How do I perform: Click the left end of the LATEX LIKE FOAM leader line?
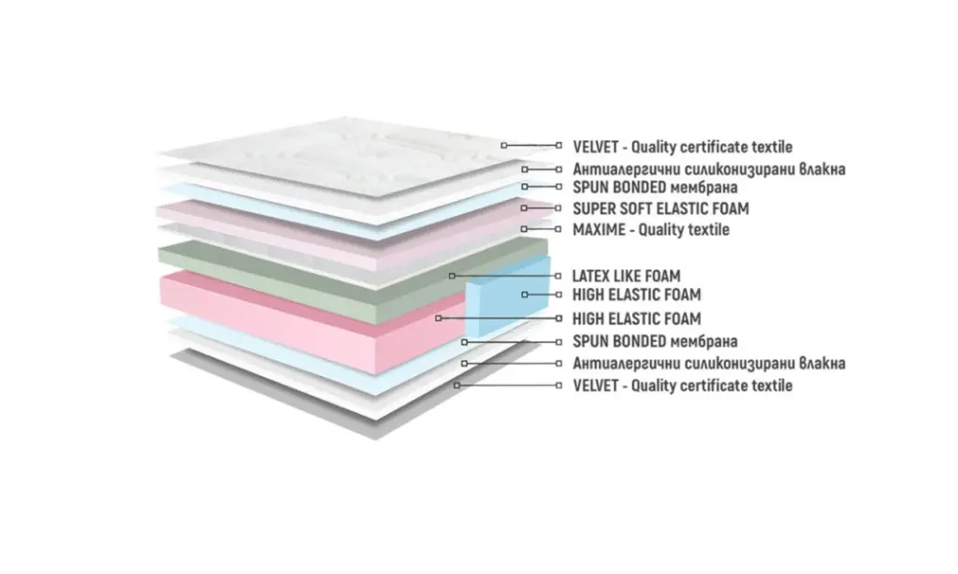tap(452, 276)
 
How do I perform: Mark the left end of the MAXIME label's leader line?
tap(524, 229)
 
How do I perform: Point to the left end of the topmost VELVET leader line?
tap(504, 145)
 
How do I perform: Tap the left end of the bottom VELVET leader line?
tap(457, 385)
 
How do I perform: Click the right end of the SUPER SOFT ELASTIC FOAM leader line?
tap(558, 208)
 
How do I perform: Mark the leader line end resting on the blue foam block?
tap(525, 294)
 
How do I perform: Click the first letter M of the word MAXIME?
tap(578, 230)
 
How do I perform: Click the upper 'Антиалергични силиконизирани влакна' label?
tap(709, 169)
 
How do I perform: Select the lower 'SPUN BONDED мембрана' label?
tap(655, 341)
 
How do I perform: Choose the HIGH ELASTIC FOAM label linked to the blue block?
tap(636, 294)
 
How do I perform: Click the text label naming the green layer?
tap(626, 276)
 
